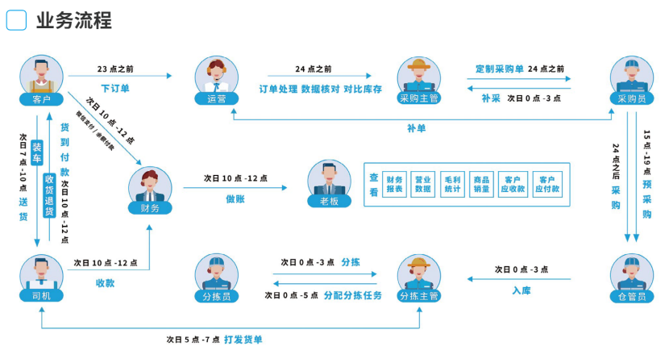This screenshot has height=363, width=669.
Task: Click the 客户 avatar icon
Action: (42, 77)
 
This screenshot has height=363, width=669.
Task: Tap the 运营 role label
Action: (216, 98)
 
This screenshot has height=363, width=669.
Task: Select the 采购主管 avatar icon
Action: (418, 77)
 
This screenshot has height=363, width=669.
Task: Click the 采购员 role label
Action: (631, 98)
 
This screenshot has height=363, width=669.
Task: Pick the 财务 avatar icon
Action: (150, 187)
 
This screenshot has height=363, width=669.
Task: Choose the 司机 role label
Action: (41, 295)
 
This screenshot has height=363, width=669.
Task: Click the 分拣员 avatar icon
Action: (216, 274)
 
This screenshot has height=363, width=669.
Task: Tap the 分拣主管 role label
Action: (418, 295)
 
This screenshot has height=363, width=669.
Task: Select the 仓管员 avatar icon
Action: (631, 274)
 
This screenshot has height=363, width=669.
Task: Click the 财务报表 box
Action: (395, 185)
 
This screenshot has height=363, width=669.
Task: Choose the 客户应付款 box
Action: (547, 185)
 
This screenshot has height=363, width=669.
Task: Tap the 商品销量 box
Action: (482, 185)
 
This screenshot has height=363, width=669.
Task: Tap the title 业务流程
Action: (73, 20)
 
